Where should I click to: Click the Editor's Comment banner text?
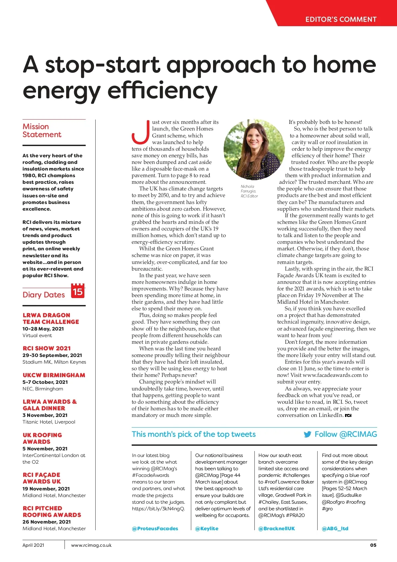tap(341, 19)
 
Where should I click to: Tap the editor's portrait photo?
tap(254, 149)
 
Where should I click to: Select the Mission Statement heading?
tap(42, 130)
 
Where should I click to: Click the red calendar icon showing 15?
tap(78, 291)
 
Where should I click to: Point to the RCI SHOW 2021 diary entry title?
tap(47, 348)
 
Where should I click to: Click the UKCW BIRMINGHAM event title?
tap(54, 375)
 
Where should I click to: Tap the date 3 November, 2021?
tap(45, 415)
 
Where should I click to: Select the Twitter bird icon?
tap(307, 434)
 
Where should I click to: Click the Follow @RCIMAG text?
tap(346, 434)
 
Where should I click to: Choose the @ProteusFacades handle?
tap(155, 528)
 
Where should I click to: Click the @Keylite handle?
tap(207, 528)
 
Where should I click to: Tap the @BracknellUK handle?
tap(277, 528)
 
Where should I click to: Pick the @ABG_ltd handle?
tap(335, 528)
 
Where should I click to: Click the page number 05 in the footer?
tap(373, 545)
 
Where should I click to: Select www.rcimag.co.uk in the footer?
tap(91, 545)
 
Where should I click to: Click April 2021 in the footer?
tap(33, 545)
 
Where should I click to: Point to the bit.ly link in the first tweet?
tap(158, 508)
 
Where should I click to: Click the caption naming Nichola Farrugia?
tap(249, 191)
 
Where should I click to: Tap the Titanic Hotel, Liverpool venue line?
tap(49, 422)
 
